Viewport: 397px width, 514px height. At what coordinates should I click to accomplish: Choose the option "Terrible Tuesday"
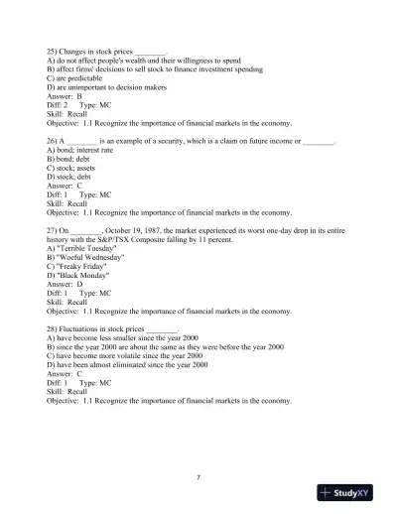coord(85,248)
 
